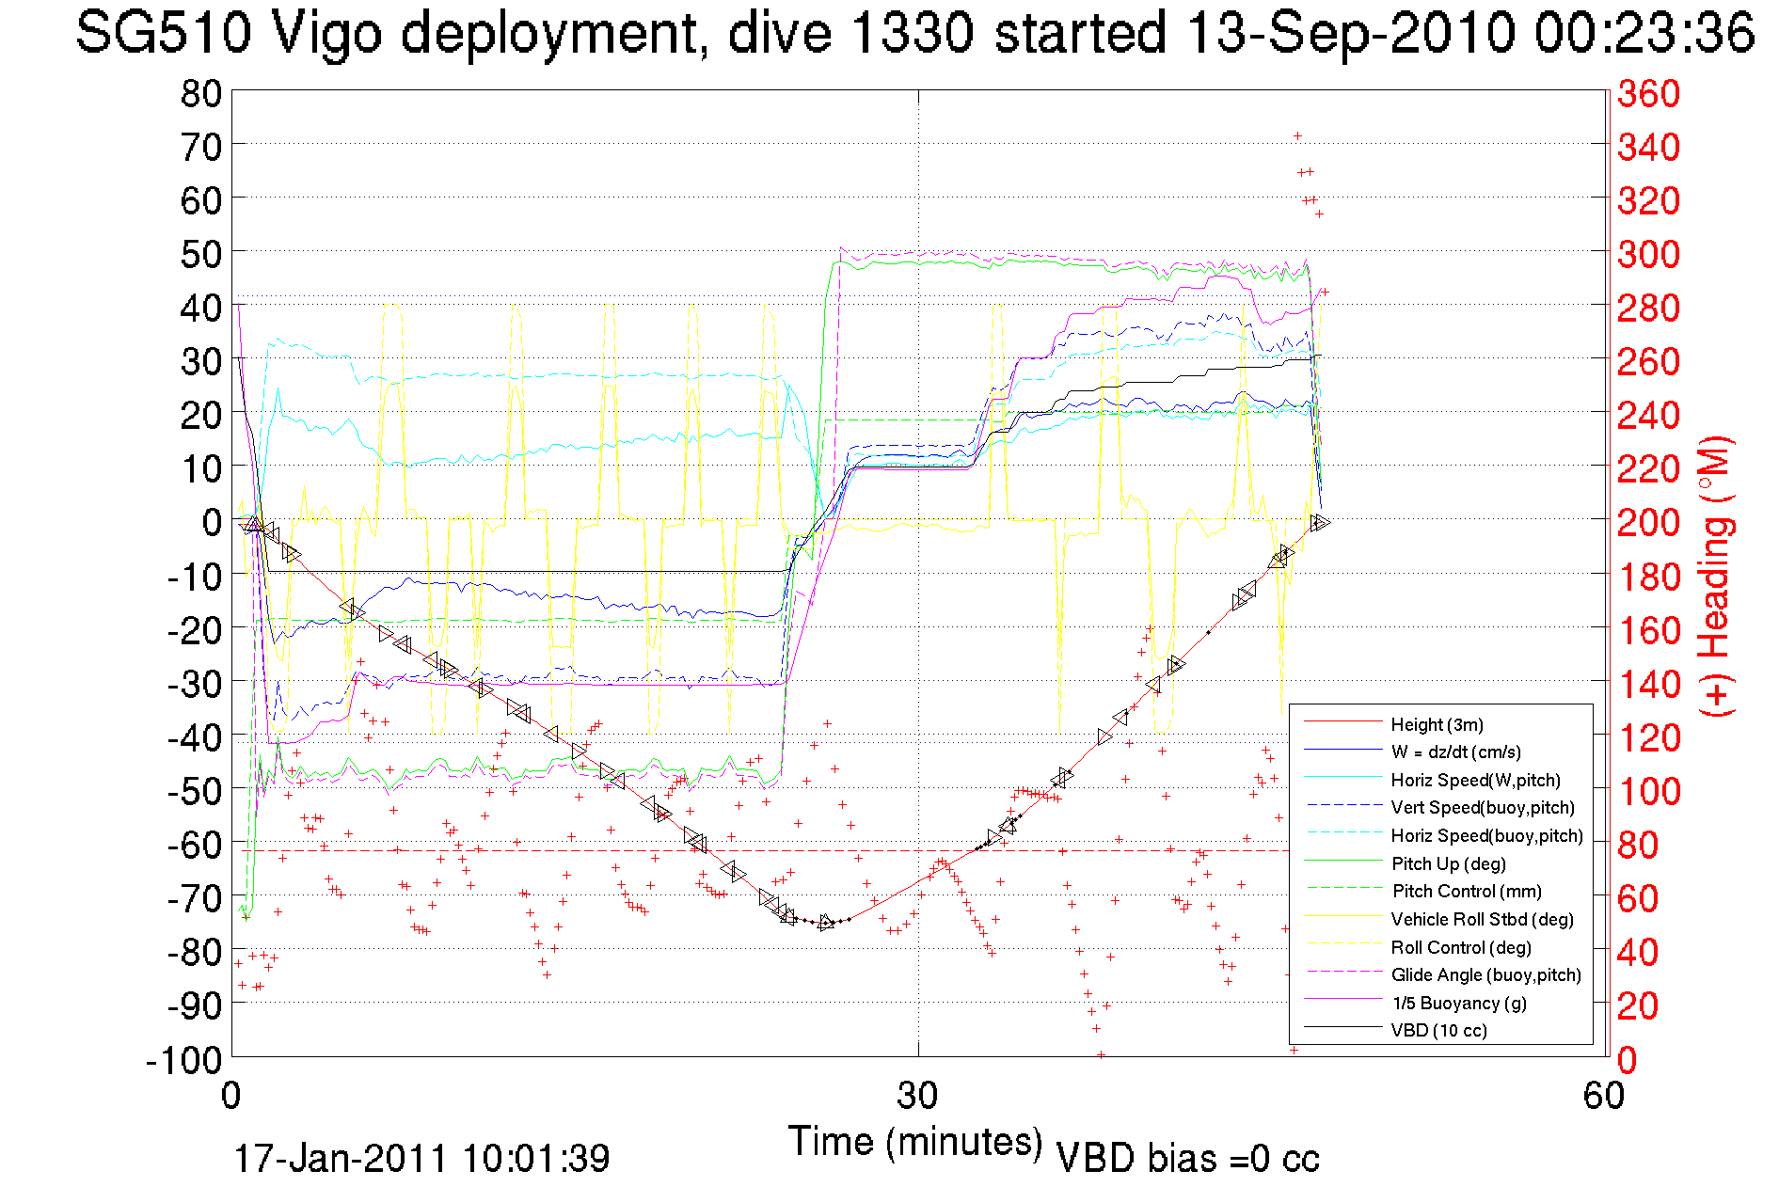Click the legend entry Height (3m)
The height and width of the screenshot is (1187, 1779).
click(1437, 724)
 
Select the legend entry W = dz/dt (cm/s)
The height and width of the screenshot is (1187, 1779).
click(1455, 752)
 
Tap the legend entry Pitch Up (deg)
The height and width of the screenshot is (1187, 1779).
click(1449, 863)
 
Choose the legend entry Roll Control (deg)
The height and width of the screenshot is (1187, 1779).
click(1462, 947)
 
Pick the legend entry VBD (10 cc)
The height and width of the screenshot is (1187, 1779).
click(1439, 1030)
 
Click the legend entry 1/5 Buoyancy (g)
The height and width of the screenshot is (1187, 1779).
click(1459, 1003)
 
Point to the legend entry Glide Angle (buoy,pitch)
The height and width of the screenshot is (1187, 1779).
click(1486, 974)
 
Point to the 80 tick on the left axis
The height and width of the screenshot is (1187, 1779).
click(201, 93)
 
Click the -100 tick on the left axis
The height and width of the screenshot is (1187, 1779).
click(184, 1060)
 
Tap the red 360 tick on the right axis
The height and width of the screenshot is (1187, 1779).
click(1648, 93)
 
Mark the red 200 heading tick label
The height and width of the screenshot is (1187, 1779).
click(1648, 522)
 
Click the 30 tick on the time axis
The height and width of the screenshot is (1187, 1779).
click(917, 1095)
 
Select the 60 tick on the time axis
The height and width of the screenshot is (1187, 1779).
click(1604, 1095)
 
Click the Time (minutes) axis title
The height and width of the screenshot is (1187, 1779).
click(915, 1142)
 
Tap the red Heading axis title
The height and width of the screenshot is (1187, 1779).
click(1714, 576)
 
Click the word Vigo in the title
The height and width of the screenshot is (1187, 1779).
click(326, 34)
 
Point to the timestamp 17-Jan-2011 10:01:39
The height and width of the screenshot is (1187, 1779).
click(421, 1158)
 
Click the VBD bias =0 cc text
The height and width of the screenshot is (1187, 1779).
click(1187, 1158)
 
